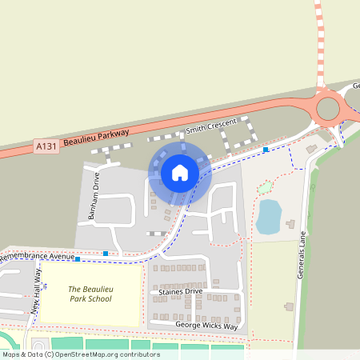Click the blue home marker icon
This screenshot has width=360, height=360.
coord(179,172)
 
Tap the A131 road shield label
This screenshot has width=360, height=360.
coord(46,147)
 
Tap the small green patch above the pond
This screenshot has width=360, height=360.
coord(264,188)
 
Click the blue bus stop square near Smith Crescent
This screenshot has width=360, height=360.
coord(266,149)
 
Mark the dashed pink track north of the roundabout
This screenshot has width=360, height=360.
coord(320,40)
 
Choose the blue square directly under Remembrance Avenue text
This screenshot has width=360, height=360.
coord(77,258)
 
